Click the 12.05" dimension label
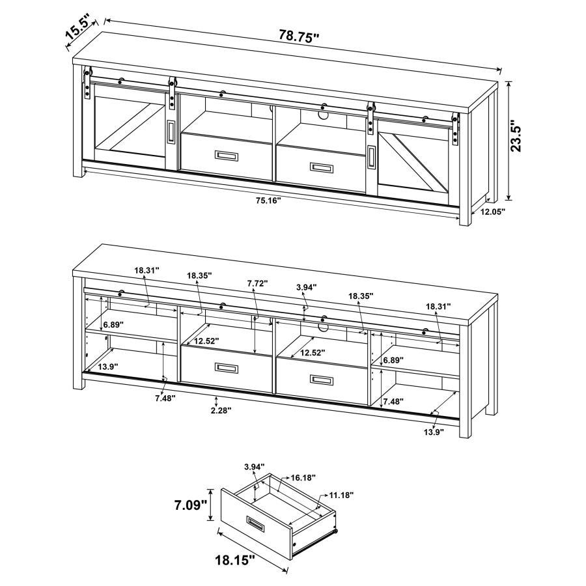(x=493, y=212)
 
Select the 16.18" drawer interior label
(x=303, y=477)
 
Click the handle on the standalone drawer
(x=255, y=523)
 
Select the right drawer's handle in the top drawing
(x=323, y=169)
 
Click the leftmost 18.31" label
(x=147, y=270)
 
